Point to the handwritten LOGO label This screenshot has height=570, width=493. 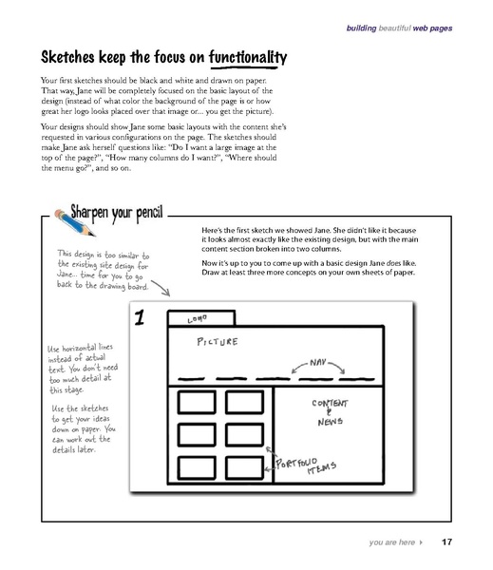[182, 320]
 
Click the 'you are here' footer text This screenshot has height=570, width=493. [390, 543]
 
